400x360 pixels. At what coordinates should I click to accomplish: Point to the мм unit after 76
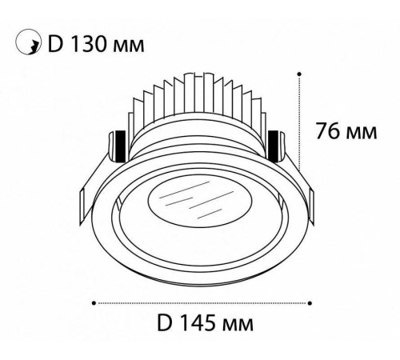click(362, 133)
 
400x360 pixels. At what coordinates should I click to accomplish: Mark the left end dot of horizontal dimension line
click(95, 302)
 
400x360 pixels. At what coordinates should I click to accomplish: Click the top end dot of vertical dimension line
click(298, 74)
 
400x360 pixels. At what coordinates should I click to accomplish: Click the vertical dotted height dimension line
click(298, 128)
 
